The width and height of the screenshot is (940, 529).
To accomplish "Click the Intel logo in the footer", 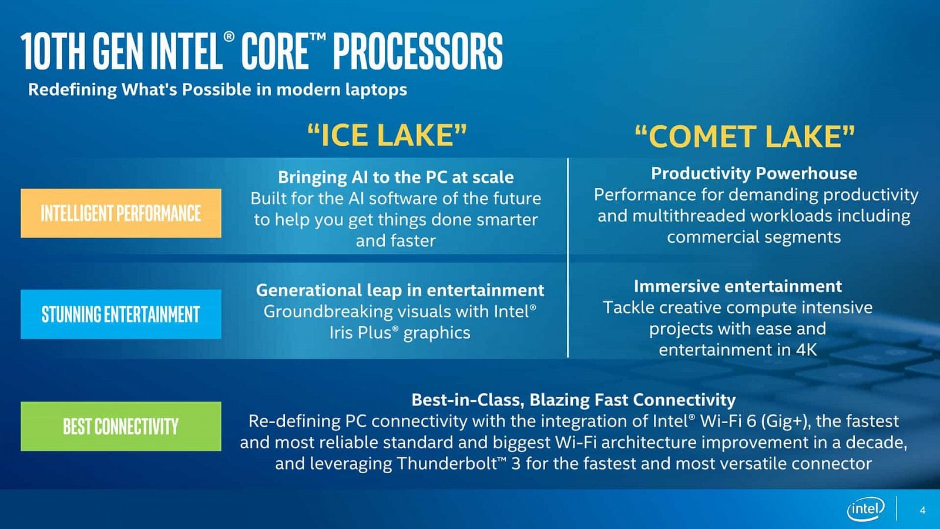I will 865,509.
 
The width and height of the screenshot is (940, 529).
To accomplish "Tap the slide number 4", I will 922,510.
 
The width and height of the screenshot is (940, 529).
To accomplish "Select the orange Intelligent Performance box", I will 121,213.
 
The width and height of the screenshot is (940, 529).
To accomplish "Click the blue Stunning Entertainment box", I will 121,314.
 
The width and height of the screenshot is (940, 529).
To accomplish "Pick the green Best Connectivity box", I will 121,426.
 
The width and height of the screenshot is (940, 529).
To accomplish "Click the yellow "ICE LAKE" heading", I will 387,135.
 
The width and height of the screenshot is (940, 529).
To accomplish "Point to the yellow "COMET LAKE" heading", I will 744,137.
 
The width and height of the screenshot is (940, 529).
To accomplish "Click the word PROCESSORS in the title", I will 418,52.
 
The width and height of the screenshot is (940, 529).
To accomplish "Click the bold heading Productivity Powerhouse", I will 754,173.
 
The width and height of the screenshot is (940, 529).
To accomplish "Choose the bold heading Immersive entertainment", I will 737,286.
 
